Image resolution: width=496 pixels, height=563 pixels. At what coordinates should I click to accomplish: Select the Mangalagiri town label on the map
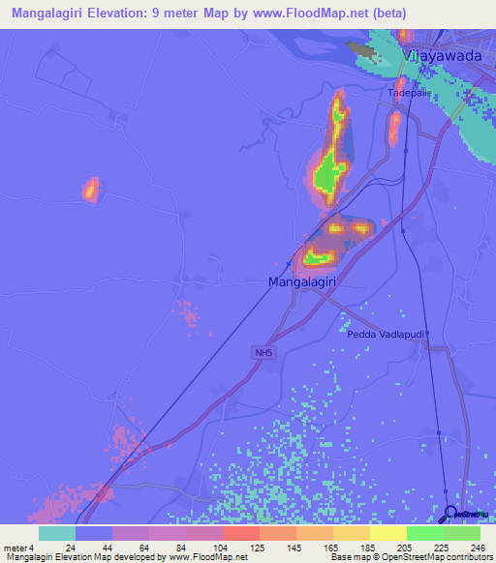[x=302, y=281]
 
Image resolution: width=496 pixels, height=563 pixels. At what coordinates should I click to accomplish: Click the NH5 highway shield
[x=264, y=354]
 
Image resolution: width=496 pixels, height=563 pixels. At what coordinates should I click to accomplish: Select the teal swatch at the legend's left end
[x=57, y=533]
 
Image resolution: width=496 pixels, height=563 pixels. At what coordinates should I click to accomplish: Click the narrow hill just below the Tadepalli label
[x=395, y=126]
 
